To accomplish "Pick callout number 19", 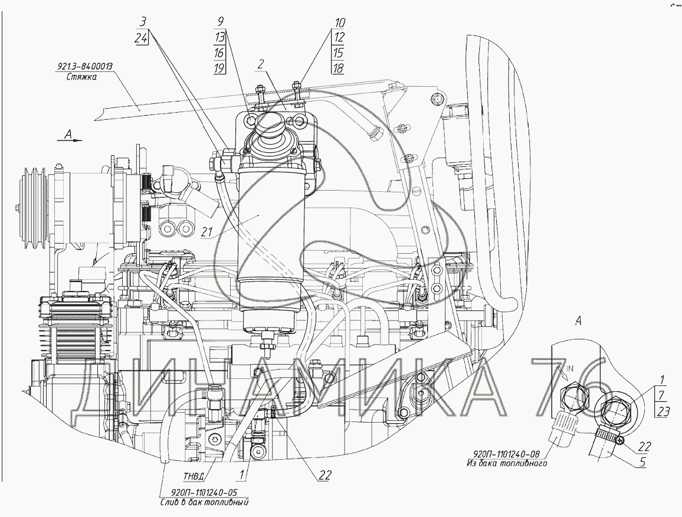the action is pos(219,68).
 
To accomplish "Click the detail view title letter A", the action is pos(578,321).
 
